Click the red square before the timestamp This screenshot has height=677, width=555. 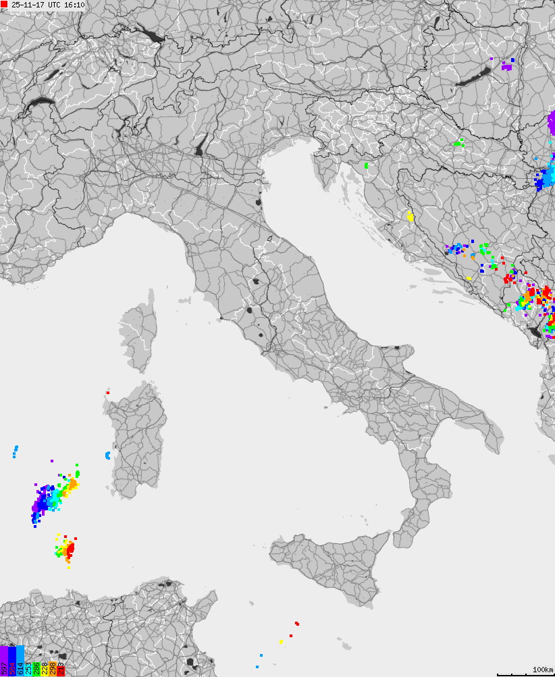4,5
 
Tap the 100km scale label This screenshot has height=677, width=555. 543,669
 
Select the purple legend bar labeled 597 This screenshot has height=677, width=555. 4,661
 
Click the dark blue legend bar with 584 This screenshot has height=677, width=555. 12,661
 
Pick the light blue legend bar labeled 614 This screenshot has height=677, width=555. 20,661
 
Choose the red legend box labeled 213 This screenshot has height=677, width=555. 61,669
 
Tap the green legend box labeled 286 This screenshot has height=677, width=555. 36,669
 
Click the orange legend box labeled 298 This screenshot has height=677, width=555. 53,669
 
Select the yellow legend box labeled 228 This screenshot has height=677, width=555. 45,669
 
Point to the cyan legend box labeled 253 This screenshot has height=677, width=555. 28,669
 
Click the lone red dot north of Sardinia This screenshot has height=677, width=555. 107,392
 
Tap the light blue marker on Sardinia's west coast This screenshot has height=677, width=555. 107,456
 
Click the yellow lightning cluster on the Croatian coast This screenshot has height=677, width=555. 410,217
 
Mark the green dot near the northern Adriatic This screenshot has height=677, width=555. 367,165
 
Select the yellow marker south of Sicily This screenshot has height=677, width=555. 281,641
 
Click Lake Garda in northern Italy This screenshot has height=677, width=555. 200,146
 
